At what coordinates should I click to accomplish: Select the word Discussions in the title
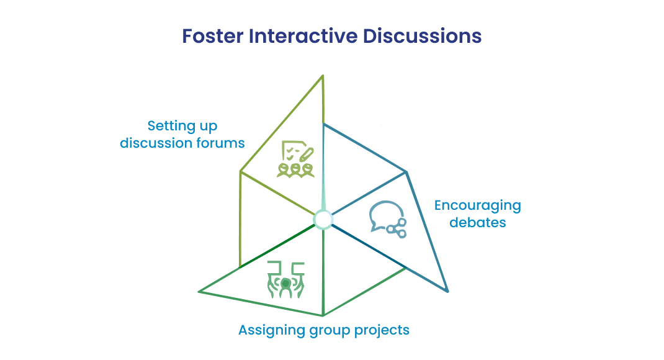coord(422,36)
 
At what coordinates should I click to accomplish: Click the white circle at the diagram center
coord(323,220)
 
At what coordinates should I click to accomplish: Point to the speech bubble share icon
coord(388,219)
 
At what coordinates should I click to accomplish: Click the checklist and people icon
coord(295,159)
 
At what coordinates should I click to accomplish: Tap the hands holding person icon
coord(286,279)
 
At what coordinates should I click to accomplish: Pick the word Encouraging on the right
coord(478,206)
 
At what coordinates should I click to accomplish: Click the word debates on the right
coord(478,222)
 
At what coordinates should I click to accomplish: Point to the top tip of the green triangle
coord(323,76)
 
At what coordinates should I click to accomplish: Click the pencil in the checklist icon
coord(306,155)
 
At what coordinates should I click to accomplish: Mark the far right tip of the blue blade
coord(447,291)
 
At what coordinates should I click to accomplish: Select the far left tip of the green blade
coord(199,291)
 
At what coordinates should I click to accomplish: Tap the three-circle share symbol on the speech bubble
coord(397,228)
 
